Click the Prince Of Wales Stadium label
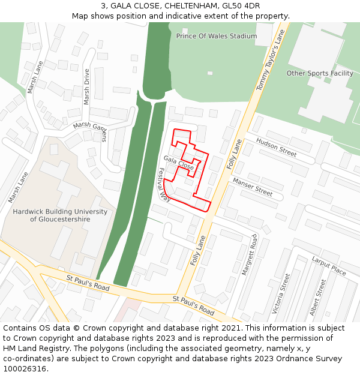(216, 36)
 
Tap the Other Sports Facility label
(319, 73)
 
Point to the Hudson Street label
(276, 147)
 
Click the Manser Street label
(252, 187)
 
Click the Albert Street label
(317, 297)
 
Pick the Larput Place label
(328, 266)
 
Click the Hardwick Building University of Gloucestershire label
(60, 215)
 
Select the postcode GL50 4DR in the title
(241, 6)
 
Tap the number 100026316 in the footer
(25, 369)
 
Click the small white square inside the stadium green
(210, 73)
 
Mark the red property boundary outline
(208, 174)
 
